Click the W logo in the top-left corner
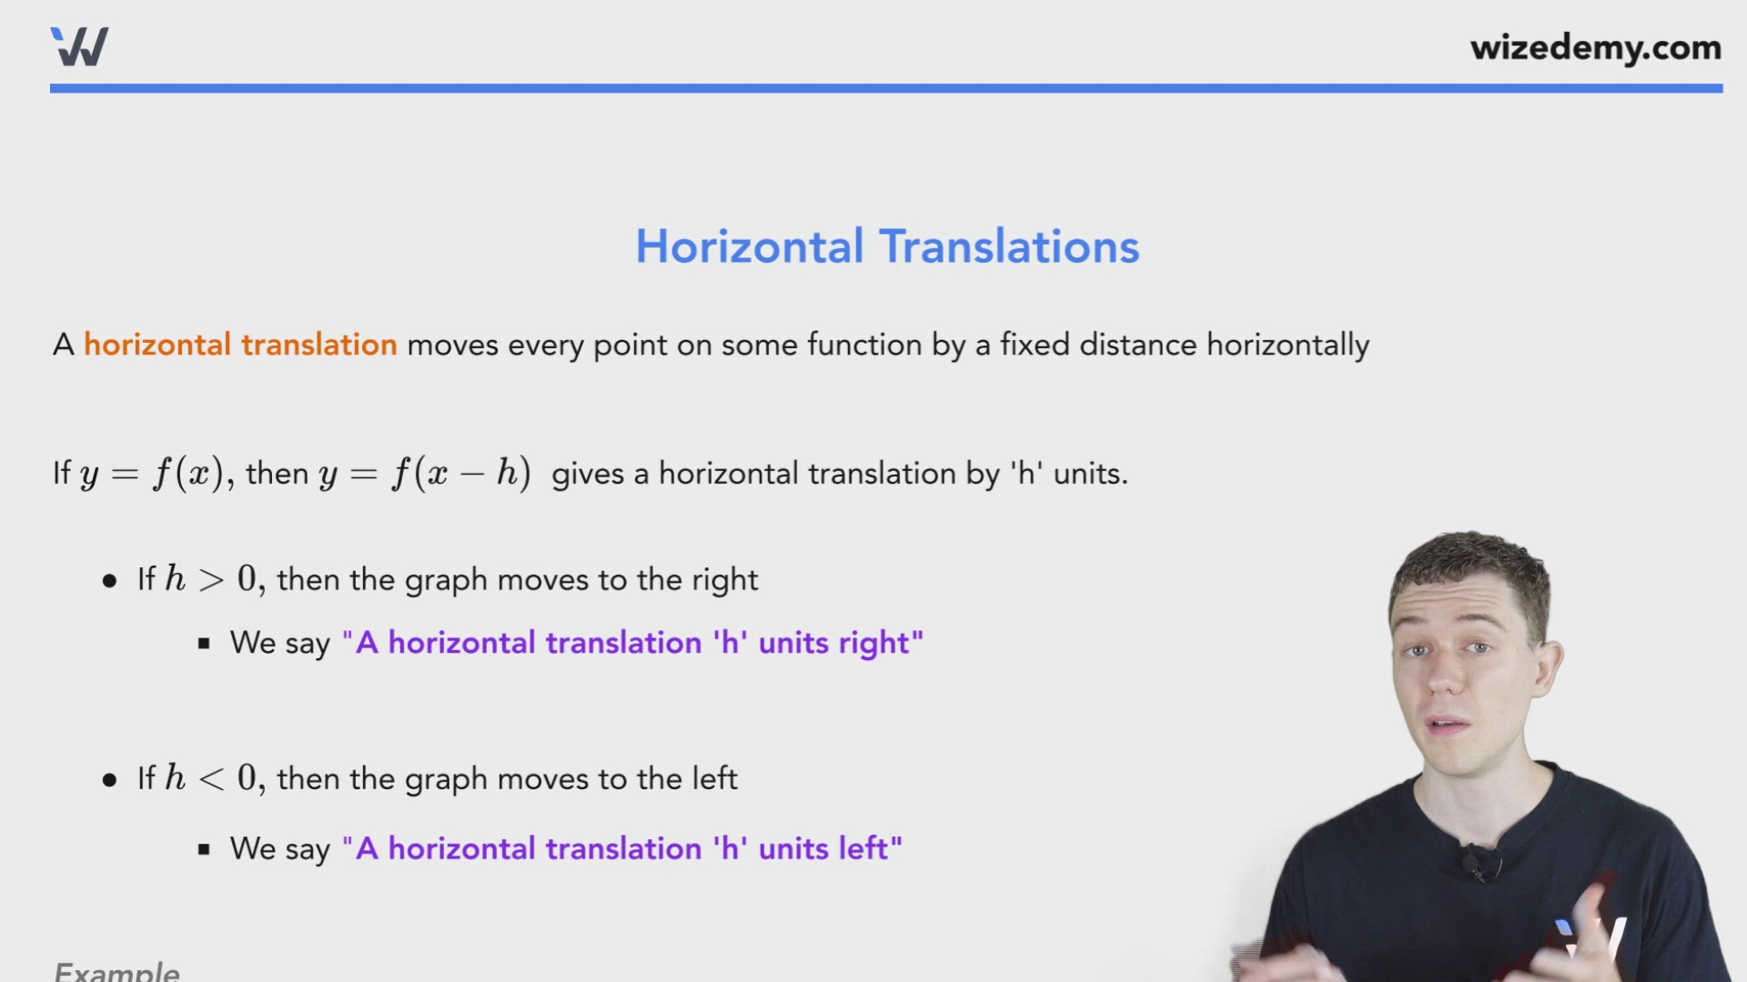click(x=79, y=46)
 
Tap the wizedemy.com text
click(x=1595, y=48)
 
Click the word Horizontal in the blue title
click(x=749, y=246)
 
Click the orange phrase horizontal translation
click(x=240, y=345)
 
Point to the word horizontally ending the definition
click(x=1288, y=346)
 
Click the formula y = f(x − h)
click(x=425, y=474)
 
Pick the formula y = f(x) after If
click(x=151, y=474)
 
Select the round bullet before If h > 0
click(x=110, y=581)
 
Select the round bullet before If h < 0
click(x=110, y=780)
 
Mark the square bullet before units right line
click(x=204, y=644)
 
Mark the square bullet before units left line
click(x=204, y=849)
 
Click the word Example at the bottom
click(x=117, y=971)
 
